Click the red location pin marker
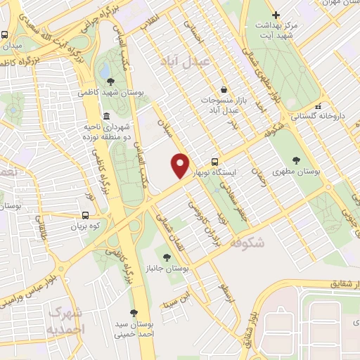pyautogui.click(x=181, y=165)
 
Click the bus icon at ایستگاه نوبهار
pyautogui.click(x=224, y=161)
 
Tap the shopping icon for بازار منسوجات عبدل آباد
pyautogui.click(x=223, y=90)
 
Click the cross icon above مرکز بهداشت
pyautogui.click(x=276, y=15)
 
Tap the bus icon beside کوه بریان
pyautogui.click(x=85, y=216)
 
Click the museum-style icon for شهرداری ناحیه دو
pyautogui.click(x=105, y=116)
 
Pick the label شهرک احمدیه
pyautogui.click(x=67, y=321)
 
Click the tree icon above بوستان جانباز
pyautogui.click(x=167, y=258)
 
